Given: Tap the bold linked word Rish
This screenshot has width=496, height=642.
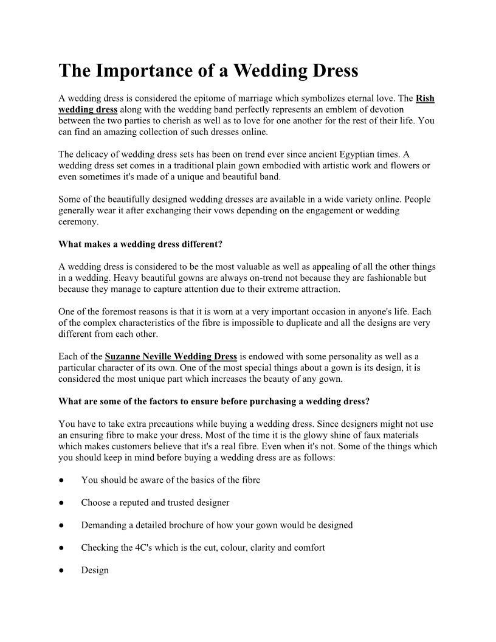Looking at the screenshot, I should coord(425,98).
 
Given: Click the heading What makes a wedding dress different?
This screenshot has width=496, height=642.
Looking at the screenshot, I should coord(140,244).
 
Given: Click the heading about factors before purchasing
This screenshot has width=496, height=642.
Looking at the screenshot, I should coord(214,401).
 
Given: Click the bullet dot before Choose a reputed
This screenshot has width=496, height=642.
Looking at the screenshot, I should coord(62,503).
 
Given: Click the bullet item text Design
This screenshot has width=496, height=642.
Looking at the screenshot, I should coord(95,570).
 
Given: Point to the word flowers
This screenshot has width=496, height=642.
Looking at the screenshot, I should coord(405,165).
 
